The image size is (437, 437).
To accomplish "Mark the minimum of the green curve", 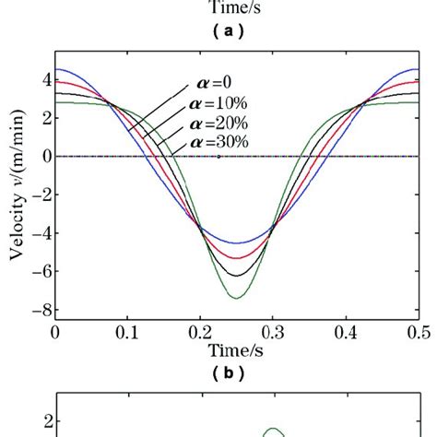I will pyautogui.click(x=237, y=298).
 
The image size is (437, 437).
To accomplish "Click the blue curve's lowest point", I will pyautogui.click(x=237, y=243).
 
